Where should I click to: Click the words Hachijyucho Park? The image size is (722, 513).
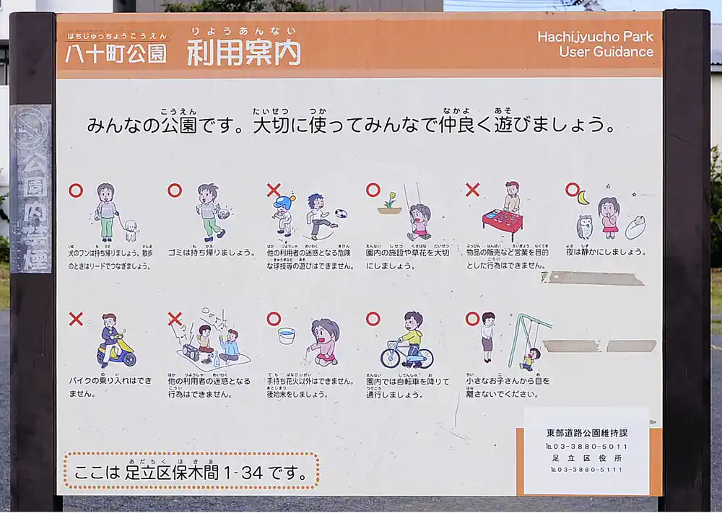point(595,37)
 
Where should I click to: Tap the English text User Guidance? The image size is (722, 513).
point(606,52)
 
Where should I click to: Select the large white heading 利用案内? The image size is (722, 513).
point(243,52)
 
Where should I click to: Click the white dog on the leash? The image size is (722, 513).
point(130,229)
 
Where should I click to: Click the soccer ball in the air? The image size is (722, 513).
point(341,214)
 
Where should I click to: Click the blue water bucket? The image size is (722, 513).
point(287,336)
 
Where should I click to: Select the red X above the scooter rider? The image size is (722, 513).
point(76,319)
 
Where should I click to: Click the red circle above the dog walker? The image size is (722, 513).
point(76,190)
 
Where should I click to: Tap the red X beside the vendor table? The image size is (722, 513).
point(472,190)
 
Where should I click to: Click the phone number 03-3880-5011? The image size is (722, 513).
point(591,446)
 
